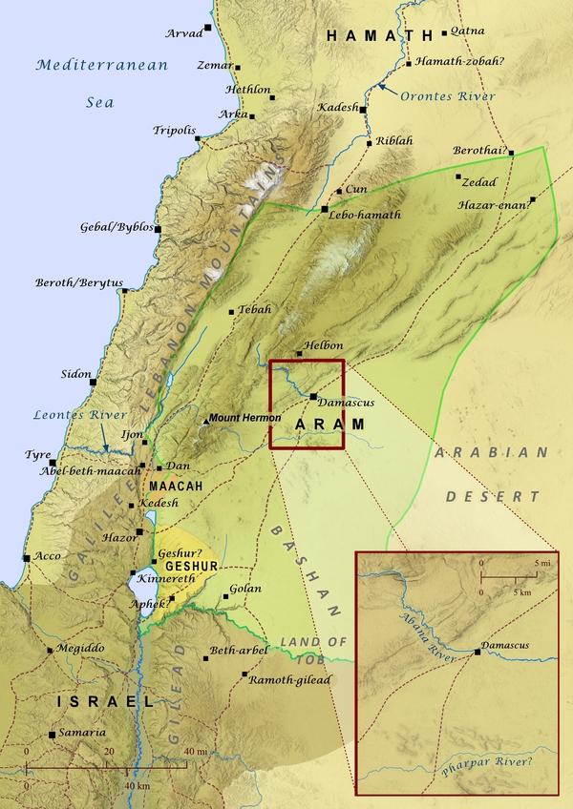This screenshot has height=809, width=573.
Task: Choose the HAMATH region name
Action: coord(380,35)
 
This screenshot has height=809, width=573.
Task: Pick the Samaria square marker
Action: coord(52,735)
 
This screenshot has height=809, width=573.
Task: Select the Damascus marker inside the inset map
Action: coord(477,653)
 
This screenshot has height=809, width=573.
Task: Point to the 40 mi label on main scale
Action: coord(195,752)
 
